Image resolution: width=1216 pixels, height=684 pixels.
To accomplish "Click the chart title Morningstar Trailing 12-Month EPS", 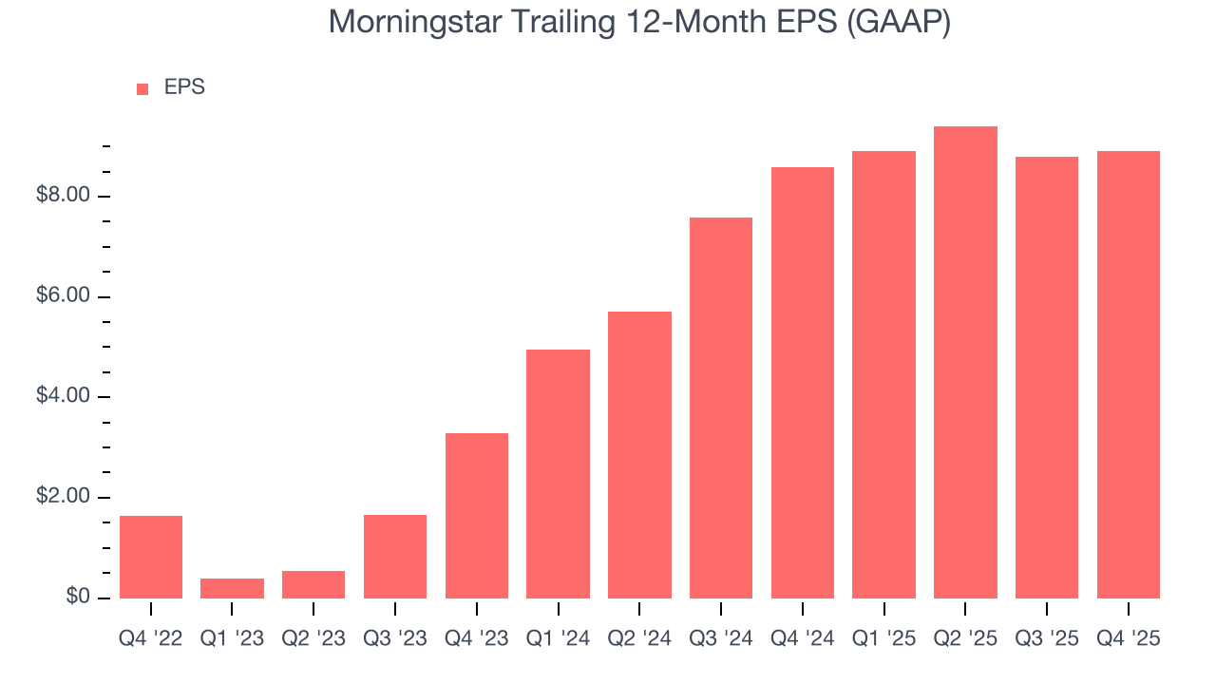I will [x=639, y=23].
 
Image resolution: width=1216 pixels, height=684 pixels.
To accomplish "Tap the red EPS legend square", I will [x=142, y=88].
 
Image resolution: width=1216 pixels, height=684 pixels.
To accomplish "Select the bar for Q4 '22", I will [x=151, y=557].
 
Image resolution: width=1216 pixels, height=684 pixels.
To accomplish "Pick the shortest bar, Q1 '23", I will [x=232, y=588].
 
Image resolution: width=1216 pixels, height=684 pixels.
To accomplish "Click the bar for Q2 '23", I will [x=313, y=584].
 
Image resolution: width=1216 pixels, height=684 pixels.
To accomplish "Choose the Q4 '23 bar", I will [x=476, y=516].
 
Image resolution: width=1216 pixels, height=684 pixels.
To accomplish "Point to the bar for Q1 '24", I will [x=558, y=474].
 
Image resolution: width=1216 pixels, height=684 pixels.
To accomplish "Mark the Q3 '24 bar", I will [x=721, y=408].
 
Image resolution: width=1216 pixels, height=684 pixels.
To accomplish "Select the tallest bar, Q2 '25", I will [x=965, y=362].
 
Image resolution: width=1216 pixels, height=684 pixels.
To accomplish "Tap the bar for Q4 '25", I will [x=1128, y=374].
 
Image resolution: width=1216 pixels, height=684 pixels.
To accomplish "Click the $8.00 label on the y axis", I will [x=63, y=196].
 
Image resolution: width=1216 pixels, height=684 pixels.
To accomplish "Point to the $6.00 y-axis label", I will [x=63, y=296].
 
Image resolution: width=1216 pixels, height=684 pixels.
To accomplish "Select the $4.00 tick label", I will [x=63, y=396].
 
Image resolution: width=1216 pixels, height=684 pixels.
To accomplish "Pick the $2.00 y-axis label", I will [x=63, y=497].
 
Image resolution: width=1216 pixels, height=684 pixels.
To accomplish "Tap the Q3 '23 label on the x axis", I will [x=395, y=639].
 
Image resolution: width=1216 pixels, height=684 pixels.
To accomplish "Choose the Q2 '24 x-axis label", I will [x=639, y=639].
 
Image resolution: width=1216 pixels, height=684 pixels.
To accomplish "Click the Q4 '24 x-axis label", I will [x=803, y=639].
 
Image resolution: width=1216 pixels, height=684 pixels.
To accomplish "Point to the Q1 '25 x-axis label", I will [x=883, y=639].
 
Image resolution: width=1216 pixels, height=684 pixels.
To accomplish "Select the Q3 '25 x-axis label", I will [x=1047, y=639].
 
